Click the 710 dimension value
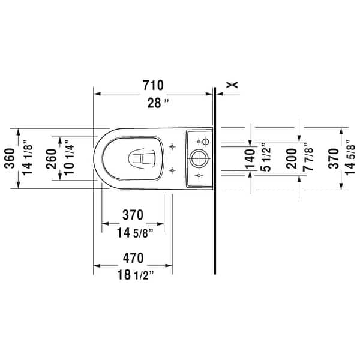pos(154,85)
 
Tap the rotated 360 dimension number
pos(9,158)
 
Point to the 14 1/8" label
pos(28,158)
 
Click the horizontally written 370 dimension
pos(133,214)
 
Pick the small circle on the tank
pos(204,142)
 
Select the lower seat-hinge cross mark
pos(172,170)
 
